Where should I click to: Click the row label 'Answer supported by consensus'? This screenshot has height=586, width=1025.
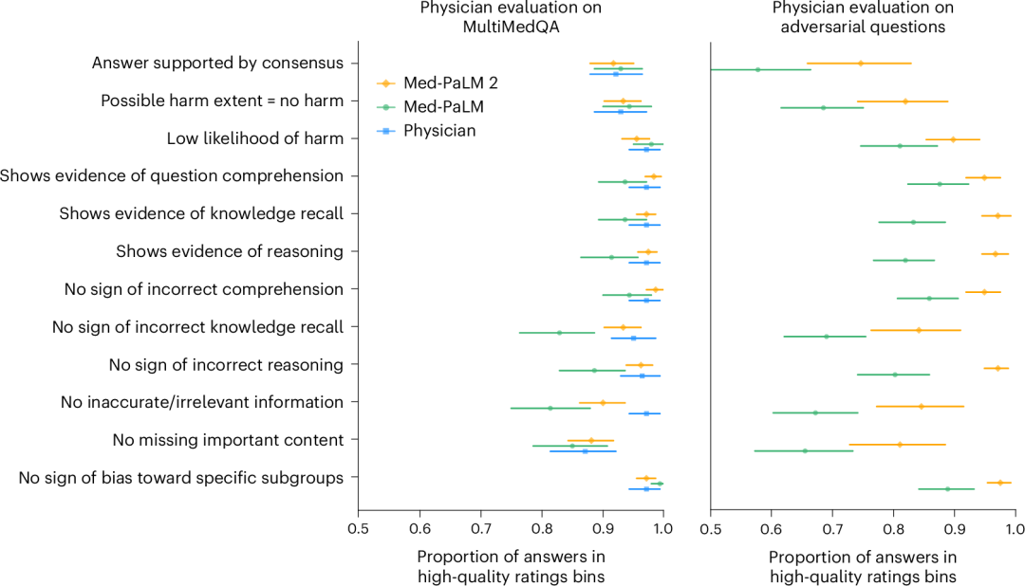(217, 64)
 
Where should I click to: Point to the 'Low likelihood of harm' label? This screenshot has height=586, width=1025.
(255, 138)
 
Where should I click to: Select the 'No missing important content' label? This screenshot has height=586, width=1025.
(228, 440)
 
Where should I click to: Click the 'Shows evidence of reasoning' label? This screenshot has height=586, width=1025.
(230, 251)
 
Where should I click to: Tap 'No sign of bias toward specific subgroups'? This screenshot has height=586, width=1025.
(181, 478)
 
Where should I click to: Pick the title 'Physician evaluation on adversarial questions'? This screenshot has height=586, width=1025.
(862, 17)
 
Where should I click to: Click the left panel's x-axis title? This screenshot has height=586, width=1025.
(510, 565)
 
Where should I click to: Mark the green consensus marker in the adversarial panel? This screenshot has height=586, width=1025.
(757, 69)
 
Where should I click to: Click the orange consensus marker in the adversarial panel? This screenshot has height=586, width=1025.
(861, 64)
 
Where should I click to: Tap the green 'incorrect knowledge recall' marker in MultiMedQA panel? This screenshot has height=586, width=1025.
(559, 333)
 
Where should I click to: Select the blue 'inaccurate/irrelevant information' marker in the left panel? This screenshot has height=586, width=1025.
(646, 413)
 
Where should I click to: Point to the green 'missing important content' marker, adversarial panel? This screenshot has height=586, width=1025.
(805, 450)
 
